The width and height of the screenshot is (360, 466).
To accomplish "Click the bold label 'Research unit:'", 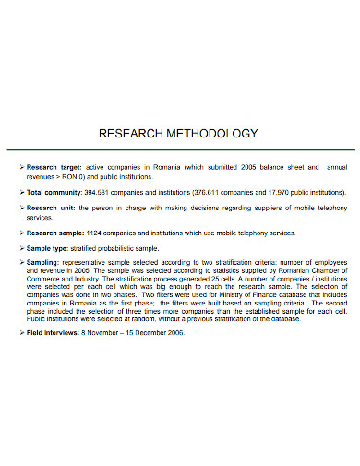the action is pyautogui.click(x=51, y=209).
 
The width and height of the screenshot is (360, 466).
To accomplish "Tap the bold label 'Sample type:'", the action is pyautogui.click(x=49, y=248).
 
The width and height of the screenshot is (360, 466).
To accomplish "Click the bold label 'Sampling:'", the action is pyautogui.click(x=43, y=263).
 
